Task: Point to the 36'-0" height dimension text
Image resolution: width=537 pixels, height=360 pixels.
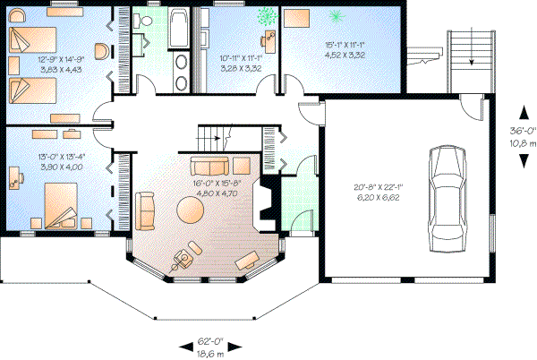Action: pos(523,128)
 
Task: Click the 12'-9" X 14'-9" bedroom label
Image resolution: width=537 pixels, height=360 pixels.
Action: pos(55,62)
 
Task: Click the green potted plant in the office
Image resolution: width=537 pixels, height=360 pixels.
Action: pos(266,15)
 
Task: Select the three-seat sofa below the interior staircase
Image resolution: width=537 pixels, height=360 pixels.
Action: pos(208,167)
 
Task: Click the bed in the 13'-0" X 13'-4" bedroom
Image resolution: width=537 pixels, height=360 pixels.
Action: pos(63,207)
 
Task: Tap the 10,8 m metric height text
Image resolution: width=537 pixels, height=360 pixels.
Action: pos(523,142)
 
